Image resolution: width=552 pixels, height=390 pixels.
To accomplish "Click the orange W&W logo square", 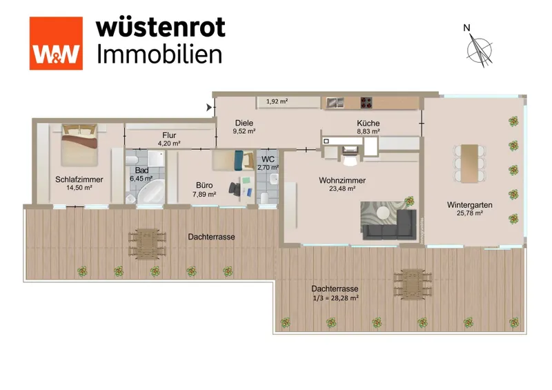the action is (56, 43).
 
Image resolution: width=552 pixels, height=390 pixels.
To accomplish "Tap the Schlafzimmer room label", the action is (79, 179).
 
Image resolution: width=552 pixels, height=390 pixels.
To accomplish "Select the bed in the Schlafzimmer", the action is (79, 144).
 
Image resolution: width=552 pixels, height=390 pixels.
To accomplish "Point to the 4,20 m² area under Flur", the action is (169, 144).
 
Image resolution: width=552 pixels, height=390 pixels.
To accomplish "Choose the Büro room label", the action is (204, 185).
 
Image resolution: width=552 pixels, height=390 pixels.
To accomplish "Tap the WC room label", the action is (268, 159).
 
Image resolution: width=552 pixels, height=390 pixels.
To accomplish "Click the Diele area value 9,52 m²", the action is (244, 131).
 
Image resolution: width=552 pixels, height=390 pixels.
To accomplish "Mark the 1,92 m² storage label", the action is (277, 101).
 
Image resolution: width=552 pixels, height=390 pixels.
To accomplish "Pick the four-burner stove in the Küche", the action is (366, 103).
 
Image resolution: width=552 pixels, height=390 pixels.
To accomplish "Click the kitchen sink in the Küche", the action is (335, 103).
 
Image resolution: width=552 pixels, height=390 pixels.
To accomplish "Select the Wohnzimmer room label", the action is (342, 180).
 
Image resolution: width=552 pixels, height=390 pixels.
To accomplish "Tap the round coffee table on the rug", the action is (383, 213).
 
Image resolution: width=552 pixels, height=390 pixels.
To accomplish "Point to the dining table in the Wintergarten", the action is (470, 164).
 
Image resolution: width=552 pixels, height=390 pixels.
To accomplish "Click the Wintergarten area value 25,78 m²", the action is (470, 213).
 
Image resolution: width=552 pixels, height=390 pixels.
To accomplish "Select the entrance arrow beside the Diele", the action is (209, 108).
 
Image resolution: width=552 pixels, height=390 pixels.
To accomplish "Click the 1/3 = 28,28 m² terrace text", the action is (335, 298).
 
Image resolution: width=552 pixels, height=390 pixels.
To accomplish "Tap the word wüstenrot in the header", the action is (161, 28).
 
